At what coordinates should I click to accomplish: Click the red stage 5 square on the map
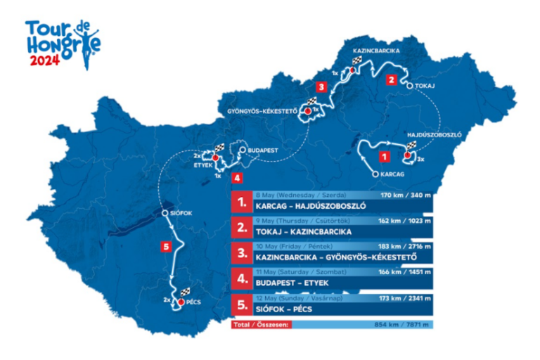[x=165, y=246]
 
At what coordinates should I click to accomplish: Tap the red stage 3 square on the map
[x=321, y=88]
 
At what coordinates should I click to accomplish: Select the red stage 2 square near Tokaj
[x=390, y=80]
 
